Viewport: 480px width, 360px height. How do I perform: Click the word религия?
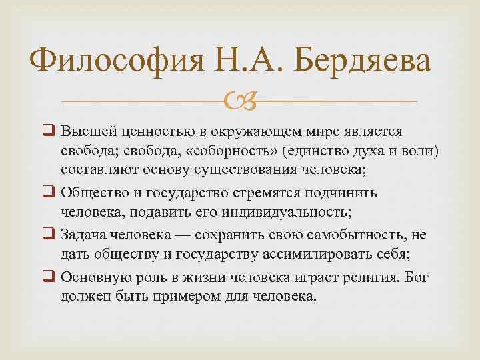coord(342,275)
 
